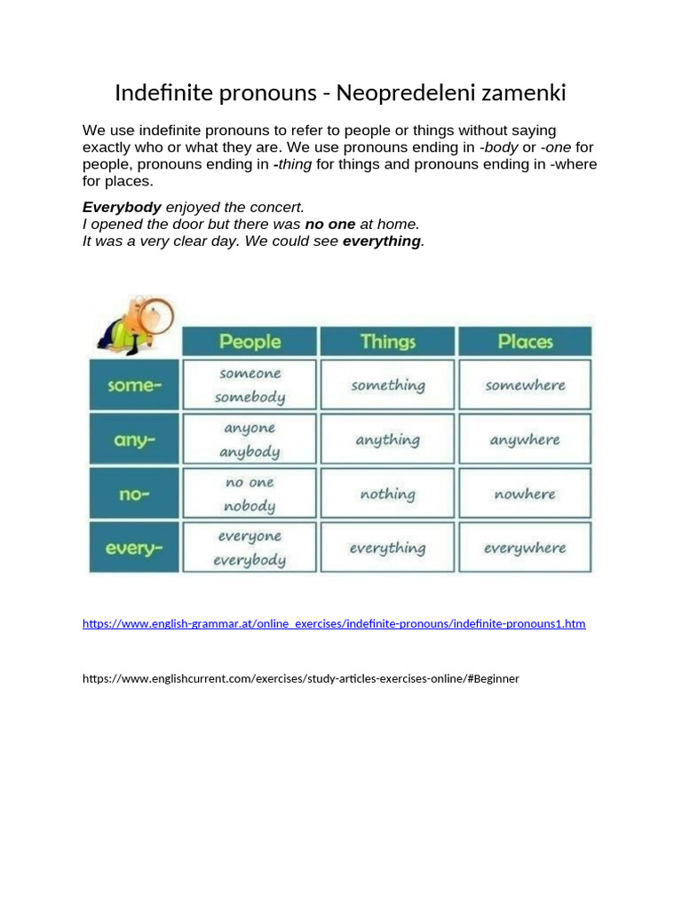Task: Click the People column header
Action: pyautogui.click(x=250, y=342)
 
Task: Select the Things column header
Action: pyautogui.click(x=388, y=342)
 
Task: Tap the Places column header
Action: pyautogui.click(x=525, y=342)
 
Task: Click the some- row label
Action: pyautogui.click(x=133, y=385)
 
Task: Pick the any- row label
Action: pyautogui.click(x=133, y=439)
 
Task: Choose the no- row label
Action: pyautogui.click(x=133, y=494)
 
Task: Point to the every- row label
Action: pyautogui.click(x=133, y=549)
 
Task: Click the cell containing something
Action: pyautogui.click(x=388, y=385)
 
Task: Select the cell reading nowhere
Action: pyautogui.click(x=525, y=494)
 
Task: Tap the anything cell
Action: pyautogui.click(x=388, y=439)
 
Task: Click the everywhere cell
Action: pyautogui.click(x=525, y=549)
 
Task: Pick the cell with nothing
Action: pyautogui.click(x=388, y=494)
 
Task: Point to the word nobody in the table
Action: pyautogui.click(x=250, y=506)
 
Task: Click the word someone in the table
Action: pyautogui.click(x=250, y=374)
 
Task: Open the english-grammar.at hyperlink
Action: pyautogui.click(x=334, y=624)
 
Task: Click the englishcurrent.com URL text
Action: pyautogui.click(x=301, y=678)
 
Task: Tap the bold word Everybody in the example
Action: pyautogui.click(x=122, y=207)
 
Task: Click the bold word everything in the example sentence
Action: pyautogui.click(x=381, y=241)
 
